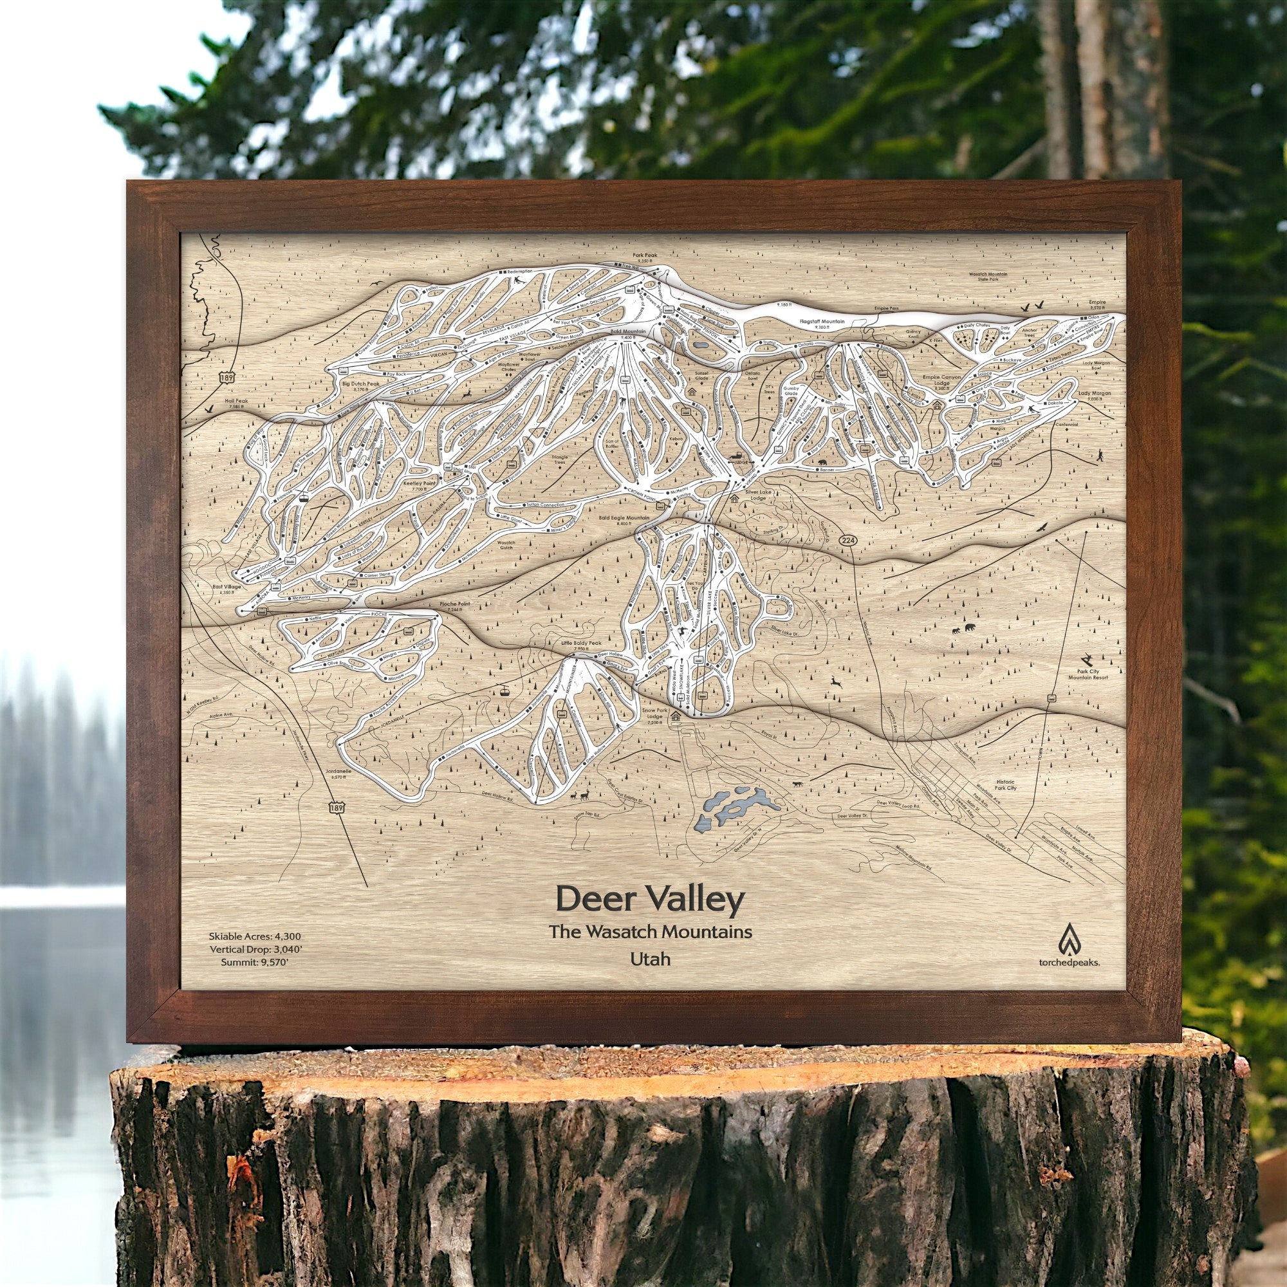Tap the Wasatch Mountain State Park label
[x=988, y=278]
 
